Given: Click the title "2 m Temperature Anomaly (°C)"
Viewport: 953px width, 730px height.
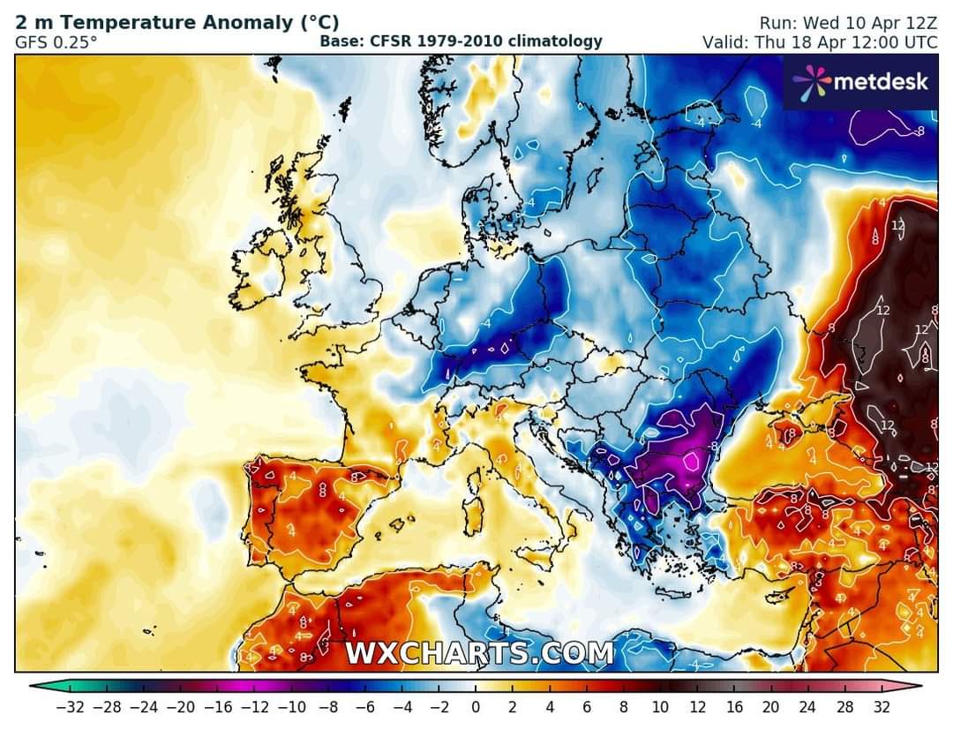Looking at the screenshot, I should click(176, 23).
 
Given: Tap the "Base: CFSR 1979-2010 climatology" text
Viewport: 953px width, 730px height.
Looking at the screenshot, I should click(461, 41).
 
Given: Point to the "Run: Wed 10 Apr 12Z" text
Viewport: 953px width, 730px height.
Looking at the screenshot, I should click(848, 23).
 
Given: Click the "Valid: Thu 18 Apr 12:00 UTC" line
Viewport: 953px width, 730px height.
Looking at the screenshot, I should click(820, 41).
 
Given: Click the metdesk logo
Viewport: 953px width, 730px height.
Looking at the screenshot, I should click(860, 82).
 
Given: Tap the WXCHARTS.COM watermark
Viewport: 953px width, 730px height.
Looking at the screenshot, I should click(479, 654).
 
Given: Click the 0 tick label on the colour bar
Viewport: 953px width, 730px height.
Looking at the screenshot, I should click(476, 707).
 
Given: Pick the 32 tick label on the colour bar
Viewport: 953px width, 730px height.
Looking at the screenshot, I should click(882, 707).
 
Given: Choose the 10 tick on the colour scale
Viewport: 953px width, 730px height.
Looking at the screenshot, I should click(662, 707).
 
